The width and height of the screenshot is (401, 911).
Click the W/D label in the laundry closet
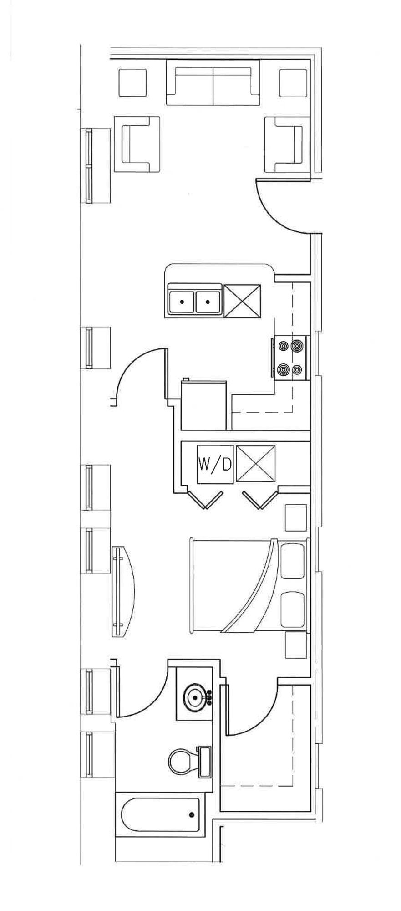coord(215,465)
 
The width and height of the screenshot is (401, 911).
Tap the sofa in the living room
coord(213,85)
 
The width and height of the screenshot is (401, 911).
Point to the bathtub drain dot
coord(192,814)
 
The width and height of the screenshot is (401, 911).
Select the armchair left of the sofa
coord(137,143)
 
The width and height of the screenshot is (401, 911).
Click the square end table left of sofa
coord(132,82)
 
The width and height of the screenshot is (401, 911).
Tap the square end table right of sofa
coord(293,82)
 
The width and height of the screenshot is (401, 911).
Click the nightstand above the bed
coord(295,517)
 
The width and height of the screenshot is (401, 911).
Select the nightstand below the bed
coord(296,645)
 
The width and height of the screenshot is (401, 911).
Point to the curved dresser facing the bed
coord(123,591)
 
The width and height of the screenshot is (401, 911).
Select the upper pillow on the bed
coord(293,561)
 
